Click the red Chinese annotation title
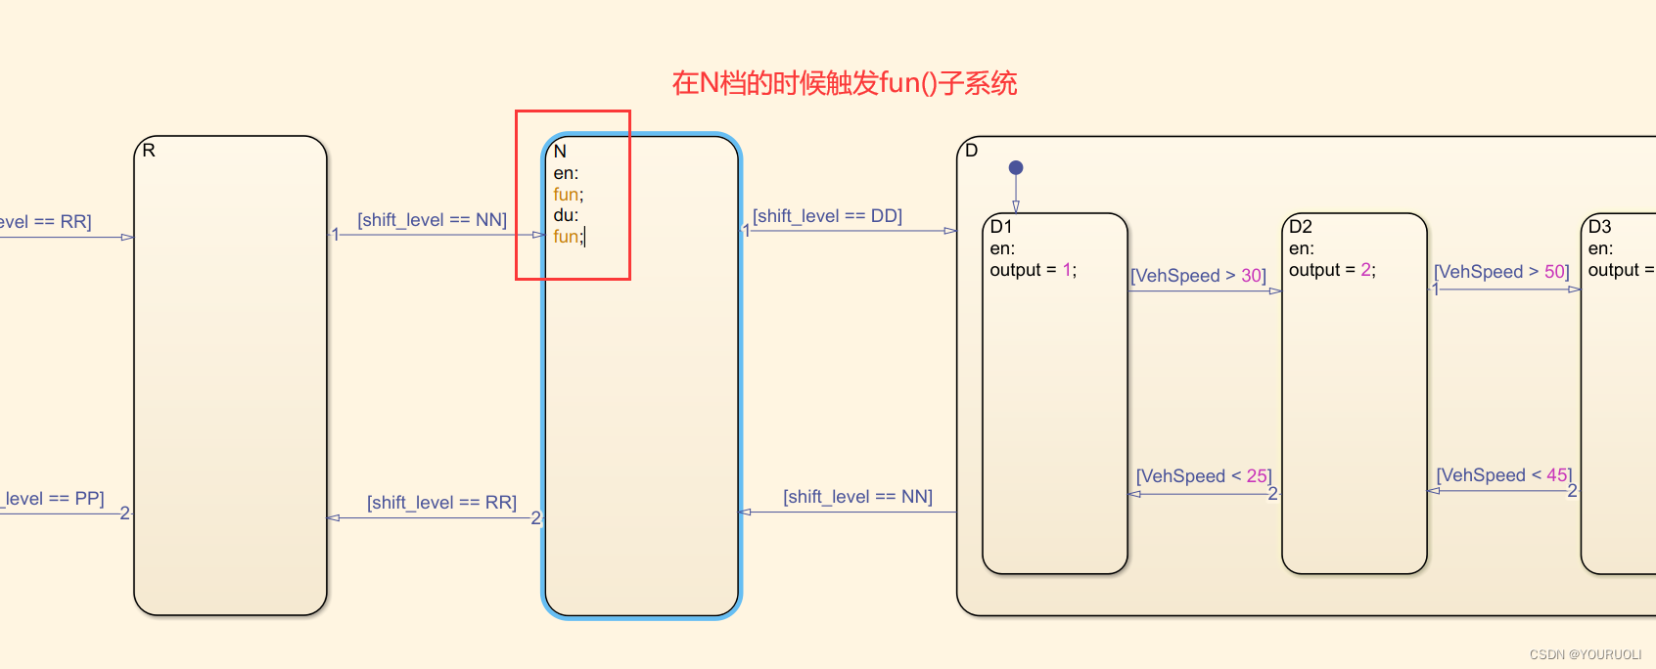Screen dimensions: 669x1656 click(844, 83)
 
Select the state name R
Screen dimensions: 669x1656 click(149, 151)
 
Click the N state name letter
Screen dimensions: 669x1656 click(560, 152)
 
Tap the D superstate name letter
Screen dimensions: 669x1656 click(971, 151)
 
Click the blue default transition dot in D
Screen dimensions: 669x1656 click(1016, 168)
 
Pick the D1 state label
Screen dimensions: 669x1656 click(1001, 227)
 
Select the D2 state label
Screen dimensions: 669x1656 click(1301, 227)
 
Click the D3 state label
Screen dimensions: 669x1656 click(1600, 227)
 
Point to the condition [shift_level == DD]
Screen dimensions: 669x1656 click(827, 216)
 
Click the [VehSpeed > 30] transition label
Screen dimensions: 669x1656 click(1198, 276)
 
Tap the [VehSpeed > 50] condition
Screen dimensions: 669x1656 click(1501, 272)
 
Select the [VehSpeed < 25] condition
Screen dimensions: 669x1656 click(1203, 476)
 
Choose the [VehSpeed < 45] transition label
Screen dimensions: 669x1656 click(1503, 475)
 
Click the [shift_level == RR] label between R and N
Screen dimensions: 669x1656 click(441, 503)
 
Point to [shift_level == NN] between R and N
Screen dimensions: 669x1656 click(432, 220)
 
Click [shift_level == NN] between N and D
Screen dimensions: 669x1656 click(857, 497)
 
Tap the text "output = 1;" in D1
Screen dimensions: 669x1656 click(1033, 270)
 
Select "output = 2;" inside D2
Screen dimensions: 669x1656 click(1332, 270)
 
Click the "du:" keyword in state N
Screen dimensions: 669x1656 click(566, 215)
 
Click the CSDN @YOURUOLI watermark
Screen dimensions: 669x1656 click(1586, 654)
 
